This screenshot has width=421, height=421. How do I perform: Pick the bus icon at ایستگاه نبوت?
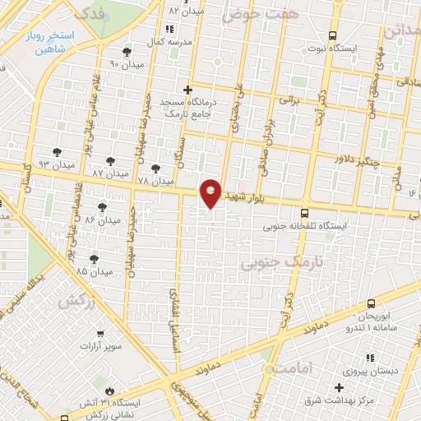[332, 35]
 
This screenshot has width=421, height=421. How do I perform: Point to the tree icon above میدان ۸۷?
[109, 161]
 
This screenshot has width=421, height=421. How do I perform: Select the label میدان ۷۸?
[155, 180]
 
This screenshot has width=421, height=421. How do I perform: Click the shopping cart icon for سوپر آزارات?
[99, 335]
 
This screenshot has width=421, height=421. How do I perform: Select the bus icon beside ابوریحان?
[372, 304]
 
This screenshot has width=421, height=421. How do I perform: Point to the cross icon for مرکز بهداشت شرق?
[339, 387]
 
